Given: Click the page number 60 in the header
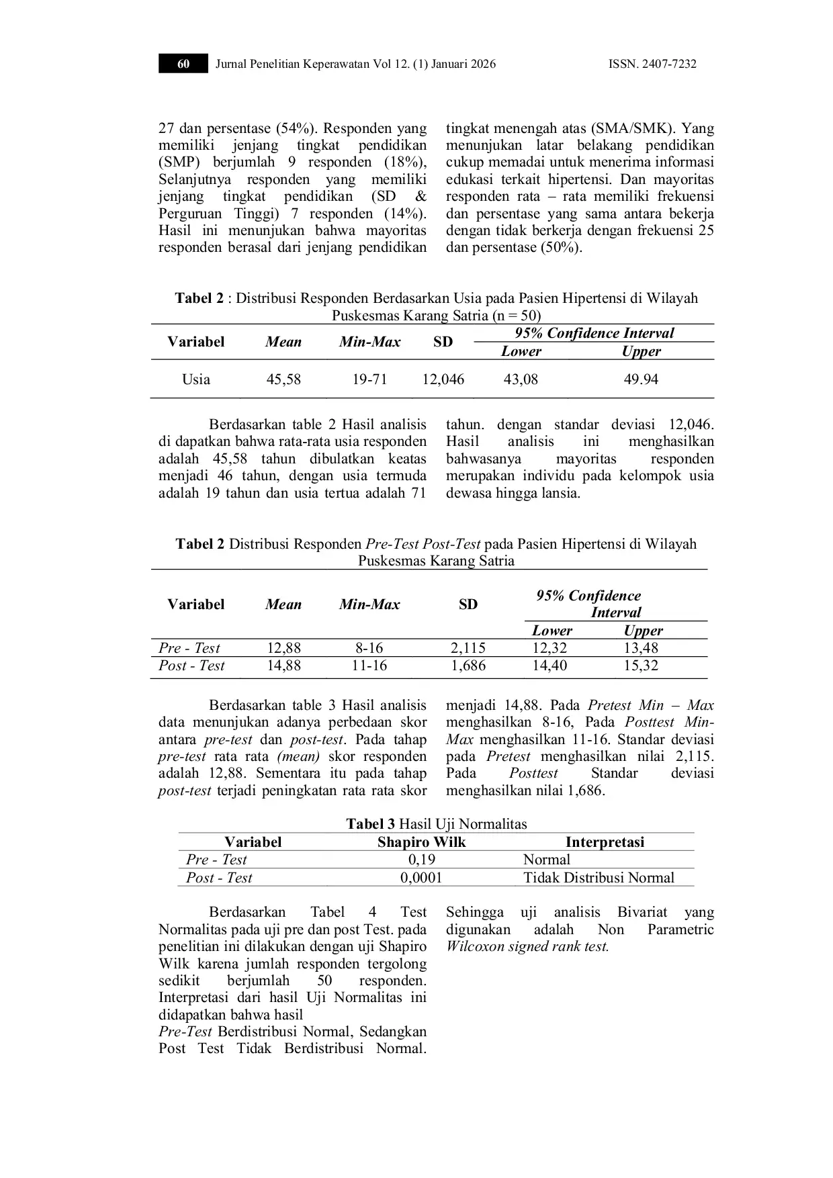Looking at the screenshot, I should (x=183, y=64).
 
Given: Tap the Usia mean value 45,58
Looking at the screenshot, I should (x=283, y=379).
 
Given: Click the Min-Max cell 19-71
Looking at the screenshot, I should (x=369, y=379).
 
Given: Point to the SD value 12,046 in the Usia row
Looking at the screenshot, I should (x=443, y=379).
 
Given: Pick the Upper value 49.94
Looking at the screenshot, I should (x=641, y=379).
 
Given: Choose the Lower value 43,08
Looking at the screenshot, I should (x=521, y=379).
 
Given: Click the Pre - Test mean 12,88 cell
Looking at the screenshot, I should (x=283, y=648).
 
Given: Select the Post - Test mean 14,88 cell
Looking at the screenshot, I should (x=283, y=666).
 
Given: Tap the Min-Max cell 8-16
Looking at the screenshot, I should (x=369, y=648).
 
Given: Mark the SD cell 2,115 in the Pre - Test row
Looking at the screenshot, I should (x=468, y=648).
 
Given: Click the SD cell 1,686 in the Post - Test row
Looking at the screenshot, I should (x=468, y=666).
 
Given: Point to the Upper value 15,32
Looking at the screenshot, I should (x=641, y=666).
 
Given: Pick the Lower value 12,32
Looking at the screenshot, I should (x=550, y=648).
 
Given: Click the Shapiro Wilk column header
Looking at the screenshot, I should (x=421, y=842).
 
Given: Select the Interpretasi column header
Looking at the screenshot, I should (x=605, y=842).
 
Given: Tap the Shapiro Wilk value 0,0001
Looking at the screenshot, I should (x=421, y=878).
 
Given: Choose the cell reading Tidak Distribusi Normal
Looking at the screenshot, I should (x=599, y=878).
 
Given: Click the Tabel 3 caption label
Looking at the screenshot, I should (x=370, y=824).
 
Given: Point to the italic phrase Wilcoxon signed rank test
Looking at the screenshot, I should (x=527, y=947).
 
